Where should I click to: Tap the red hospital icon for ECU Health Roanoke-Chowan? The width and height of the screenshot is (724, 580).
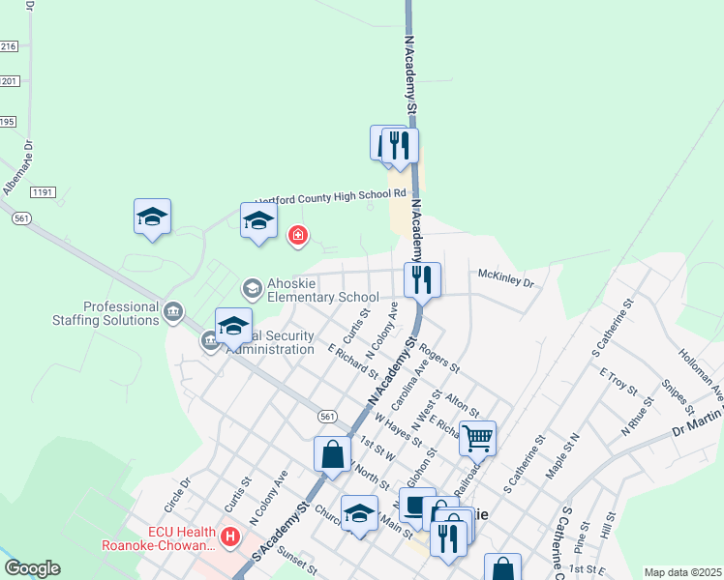click(x=230, y=536)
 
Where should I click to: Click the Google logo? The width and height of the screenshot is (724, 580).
click(x=32, y=568)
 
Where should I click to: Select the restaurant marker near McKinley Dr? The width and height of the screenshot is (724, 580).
click(x=422, y=280)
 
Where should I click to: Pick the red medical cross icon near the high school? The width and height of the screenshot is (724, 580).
click(x=298, y=234)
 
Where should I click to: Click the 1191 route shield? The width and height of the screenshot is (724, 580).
click(x=42, y=192)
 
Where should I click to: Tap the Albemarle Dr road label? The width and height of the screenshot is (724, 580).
click(x=17, y=167)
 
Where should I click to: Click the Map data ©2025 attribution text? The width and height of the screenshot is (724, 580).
click(x=682, y=572)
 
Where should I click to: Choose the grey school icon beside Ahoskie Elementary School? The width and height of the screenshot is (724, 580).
click(x=253, y=288)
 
